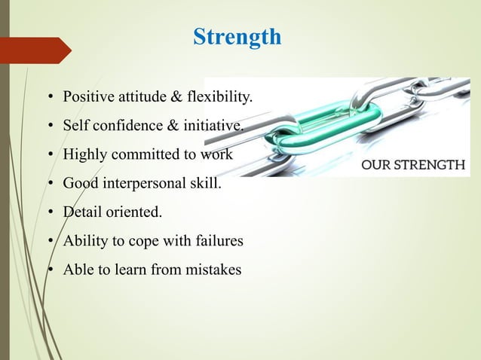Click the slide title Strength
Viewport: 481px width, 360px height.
click(x=237, y=36)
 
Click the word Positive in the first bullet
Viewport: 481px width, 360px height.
click(x=86, y=97)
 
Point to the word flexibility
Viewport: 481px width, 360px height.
click(x=222, y=97)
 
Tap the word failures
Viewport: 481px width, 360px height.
click(x=218, y=241)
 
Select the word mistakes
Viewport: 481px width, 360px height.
click(x=214, y=270)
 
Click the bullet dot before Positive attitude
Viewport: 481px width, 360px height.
click(x=50, y=98)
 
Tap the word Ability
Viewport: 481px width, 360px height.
click(x=84, y=241)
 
